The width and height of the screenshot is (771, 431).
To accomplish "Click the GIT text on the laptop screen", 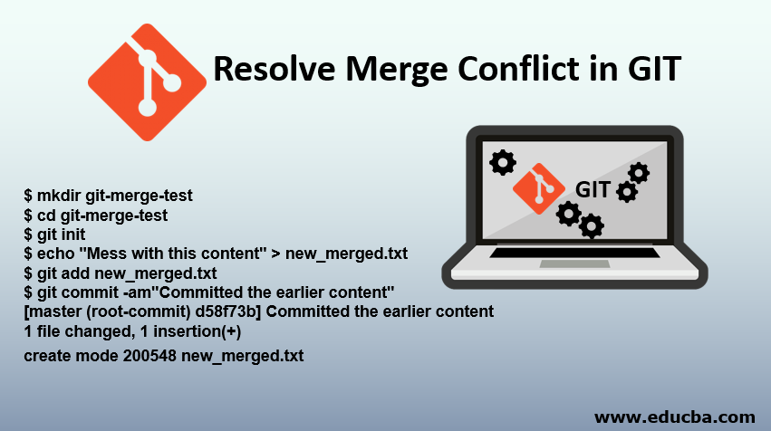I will [593, 188].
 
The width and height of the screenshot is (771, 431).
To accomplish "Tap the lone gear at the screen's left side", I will [502, 162].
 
